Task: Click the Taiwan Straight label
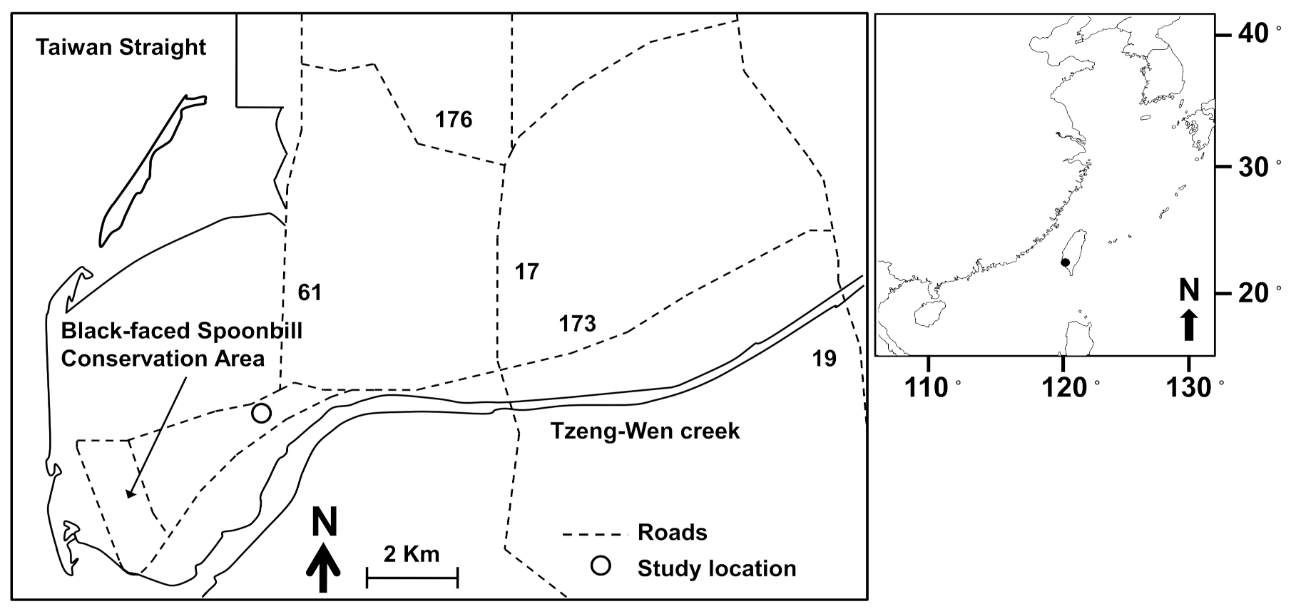(121, 48)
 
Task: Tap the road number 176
(454, 119)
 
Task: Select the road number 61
(310, 292)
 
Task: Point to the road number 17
(526, 272)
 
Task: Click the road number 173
(577, 324)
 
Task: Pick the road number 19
(824, 358)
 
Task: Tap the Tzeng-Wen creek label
(645, 431)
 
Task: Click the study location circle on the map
(261, 413)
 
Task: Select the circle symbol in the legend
(601, 566)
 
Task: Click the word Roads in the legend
(672, 533)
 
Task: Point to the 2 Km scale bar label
(412, 554)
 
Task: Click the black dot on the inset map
(1065, 262)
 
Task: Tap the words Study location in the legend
(717, 569)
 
